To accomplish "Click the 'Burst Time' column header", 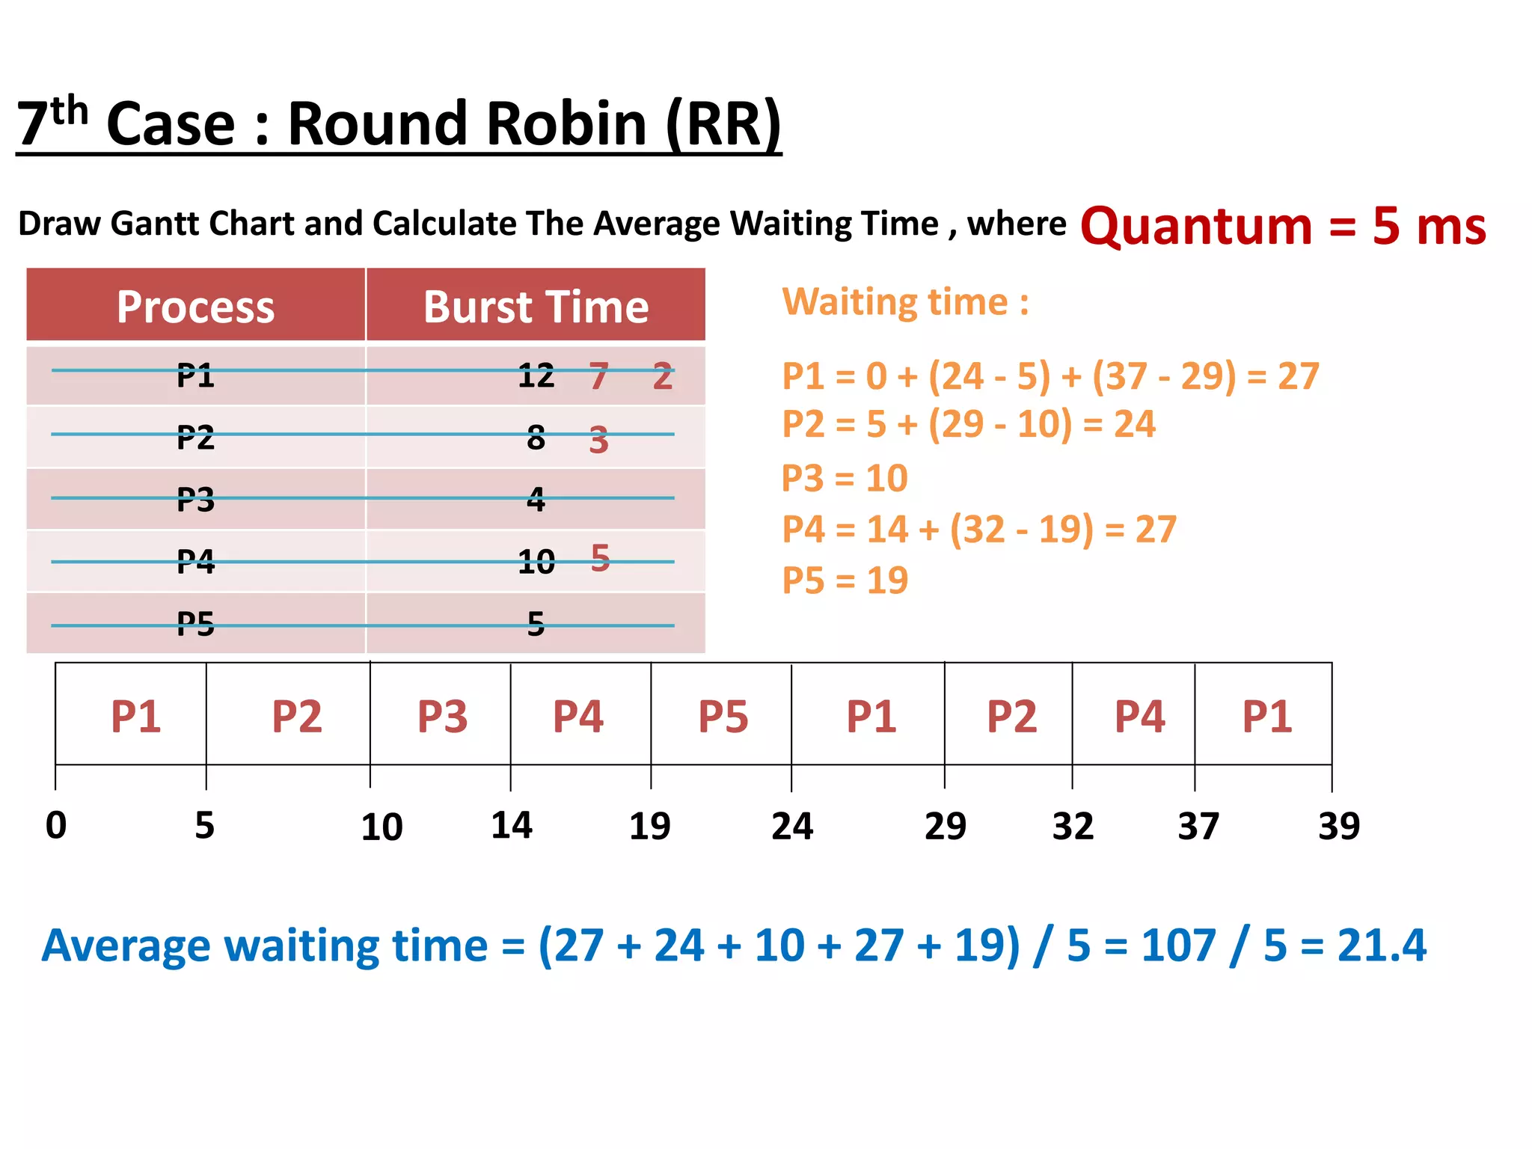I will (536, 307).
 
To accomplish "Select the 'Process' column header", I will (195, 307).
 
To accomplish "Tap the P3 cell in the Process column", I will (195, 499).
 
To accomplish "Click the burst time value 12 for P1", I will (536, 376).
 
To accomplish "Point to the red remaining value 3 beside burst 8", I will (598, 440).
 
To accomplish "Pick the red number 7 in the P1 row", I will (598, 376).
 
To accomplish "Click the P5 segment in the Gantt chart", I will (723, 716).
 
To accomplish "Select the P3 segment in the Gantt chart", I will (442, 716).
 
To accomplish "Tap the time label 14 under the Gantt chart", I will (512, 826).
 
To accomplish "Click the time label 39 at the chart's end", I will (1338, 826).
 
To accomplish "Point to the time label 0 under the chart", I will (56, 826).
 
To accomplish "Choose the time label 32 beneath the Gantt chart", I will (1073, 826).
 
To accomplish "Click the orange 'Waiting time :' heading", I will (905, 302).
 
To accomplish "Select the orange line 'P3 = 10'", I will (845, 478).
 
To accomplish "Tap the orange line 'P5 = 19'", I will (845, 580).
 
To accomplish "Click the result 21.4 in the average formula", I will (1382, 945).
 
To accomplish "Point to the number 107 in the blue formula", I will (1178, 945).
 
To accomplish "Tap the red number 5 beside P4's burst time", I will (600, 558).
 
